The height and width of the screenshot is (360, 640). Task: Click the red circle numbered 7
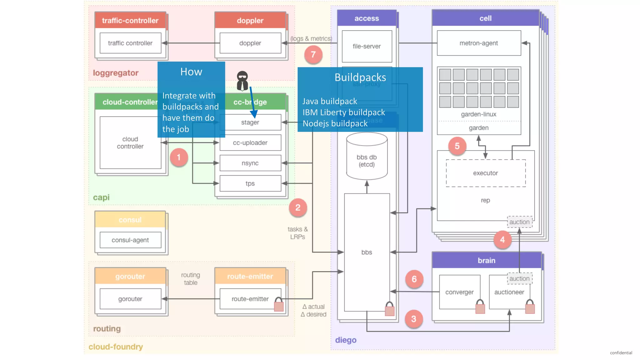[x=313, y=55]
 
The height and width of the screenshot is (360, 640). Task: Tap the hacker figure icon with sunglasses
[x=242, y=81]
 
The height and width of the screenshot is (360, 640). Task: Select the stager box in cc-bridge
[x=250, y=122]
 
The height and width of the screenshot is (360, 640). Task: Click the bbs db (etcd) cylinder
[x=367, y=156]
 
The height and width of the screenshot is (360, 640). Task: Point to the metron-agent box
[x=478, y=43]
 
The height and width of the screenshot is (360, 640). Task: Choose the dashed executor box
[x=485, y=173]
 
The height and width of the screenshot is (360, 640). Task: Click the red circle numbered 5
[x=457, y=146]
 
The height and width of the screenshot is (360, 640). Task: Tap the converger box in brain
[x=459, y=292]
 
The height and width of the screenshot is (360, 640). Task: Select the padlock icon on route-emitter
[x=278, y=304]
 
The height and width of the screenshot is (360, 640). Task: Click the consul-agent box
[x=130, y=240]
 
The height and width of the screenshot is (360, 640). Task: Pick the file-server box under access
[x=367, y=46]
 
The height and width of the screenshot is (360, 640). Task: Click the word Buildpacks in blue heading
[x=360, y=77]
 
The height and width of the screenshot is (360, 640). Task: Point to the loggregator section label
[x=115, y=73]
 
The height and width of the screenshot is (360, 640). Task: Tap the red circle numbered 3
[x=413, y=319]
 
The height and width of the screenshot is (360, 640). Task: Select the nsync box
[x=250, y=163]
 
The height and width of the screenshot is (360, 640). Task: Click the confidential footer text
[x=621, y=352]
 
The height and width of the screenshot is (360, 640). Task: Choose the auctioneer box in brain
[x=509, y=292]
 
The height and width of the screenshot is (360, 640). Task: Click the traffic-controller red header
[x=130, y=21]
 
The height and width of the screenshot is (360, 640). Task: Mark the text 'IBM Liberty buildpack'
[x=343, y=112]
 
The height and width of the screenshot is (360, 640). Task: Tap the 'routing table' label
[x=190, y=278]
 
